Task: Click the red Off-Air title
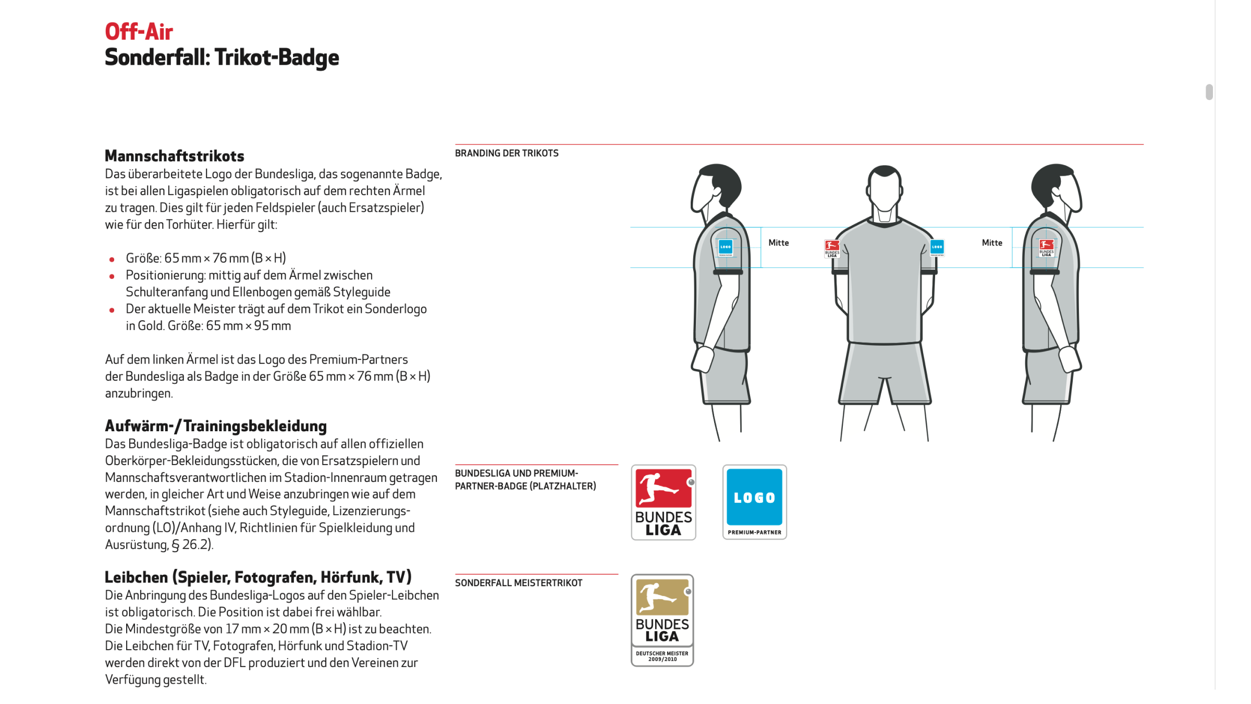pyautogui.click(x=139, y=32)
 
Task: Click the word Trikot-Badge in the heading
pyautogui.click(x=277, y=57)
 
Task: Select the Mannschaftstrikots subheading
pyautogui.click(x=174, y=156)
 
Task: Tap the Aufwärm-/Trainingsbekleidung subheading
pyautogui.click(x=216, y=426)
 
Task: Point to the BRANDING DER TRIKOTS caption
pyautogui.click(x=506, y=153)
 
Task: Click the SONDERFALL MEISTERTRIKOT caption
pyautogui.click(x=518, y=583)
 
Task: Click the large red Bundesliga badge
pyautogui.click(x=663, y=502)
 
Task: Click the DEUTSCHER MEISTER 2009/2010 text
pyautogui.click(x=662, y=656)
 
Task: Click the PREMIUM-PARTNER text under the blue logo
pyautogui.click(x=754, y=532)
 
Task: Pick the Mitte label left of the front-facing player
pyautogui.click(x=778, y=243)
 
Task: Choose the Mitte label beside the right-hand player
pyautogui.click(x=992, y=243)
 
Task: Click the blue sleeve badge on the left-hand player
pyautogui.click(x=725, y=247)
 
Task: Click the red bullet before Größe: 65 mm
pyautogui.click(x=112, y=259)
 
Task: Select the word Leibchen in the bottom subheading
pyautogui.click(x=136, y=577)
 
